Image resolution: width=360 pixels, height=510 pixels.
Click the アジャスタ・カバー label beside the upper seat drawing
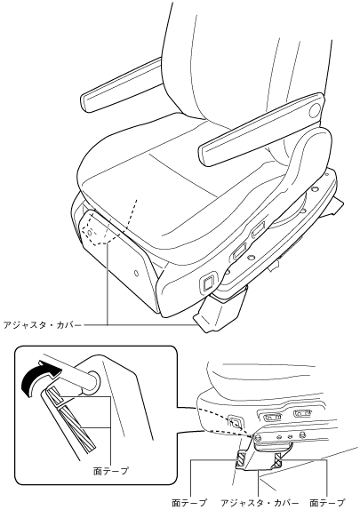[42, 324]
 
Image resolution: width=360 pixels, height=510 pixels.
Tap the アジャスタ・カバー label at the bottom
[260, 503]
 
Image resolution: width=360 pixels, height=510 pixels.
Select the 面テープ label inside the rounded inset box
[111, 471]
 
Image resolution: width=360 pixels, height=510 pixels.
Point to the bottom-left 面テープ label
[189, 503]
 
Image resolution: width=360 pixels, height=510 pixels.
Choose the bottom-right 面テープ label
[327, 503]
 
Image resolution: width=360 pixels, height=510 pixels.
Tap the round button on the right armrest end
[316, 111]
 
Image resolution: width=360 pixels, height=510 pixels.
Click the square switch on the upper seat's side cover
[208, 283]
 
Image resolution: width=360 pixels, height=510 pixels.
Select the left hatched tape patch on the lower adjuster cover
[241, 459]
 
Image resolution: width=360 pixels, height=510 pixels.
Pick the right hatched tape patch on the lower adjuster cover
[279, 460]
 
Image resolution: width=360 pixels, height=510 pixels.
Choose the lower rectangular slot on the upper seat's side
[239, 251]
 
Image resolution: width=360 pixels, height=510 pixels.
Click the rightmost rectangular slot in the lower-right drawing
[303, 414]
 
